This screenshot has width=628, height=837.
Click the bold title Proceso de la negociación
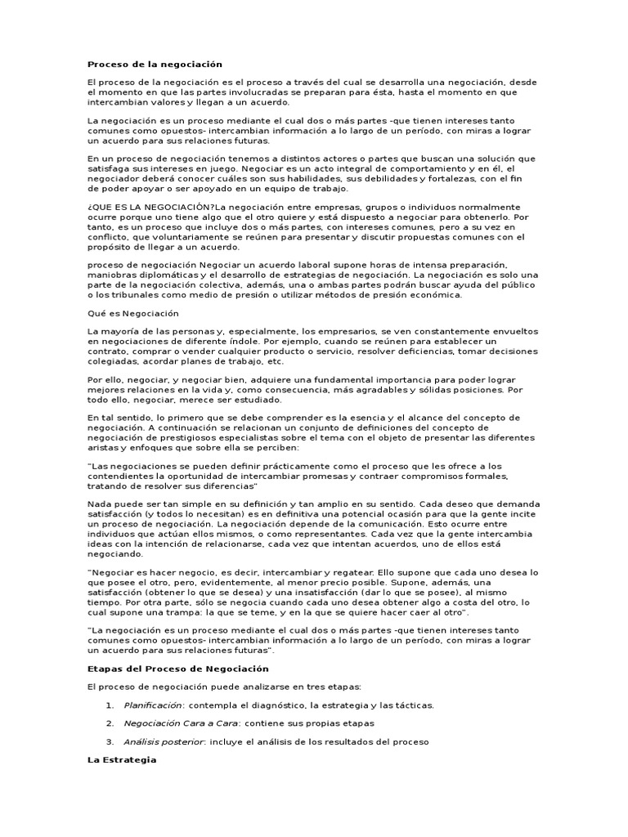pyautogui.click(x=155, y=64)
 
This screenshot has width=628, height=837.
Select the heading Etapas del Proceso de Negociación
pyautogui.click(x=178, y=669)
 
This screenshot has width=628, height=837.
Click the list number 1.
pyautogui.click(x=110, y=705)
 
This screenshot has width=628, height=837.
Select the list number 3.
pyautogui.click(x=110, y=742)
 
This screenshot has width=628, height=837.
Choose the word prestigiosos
pyautogui.click(x=185, y=437)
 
